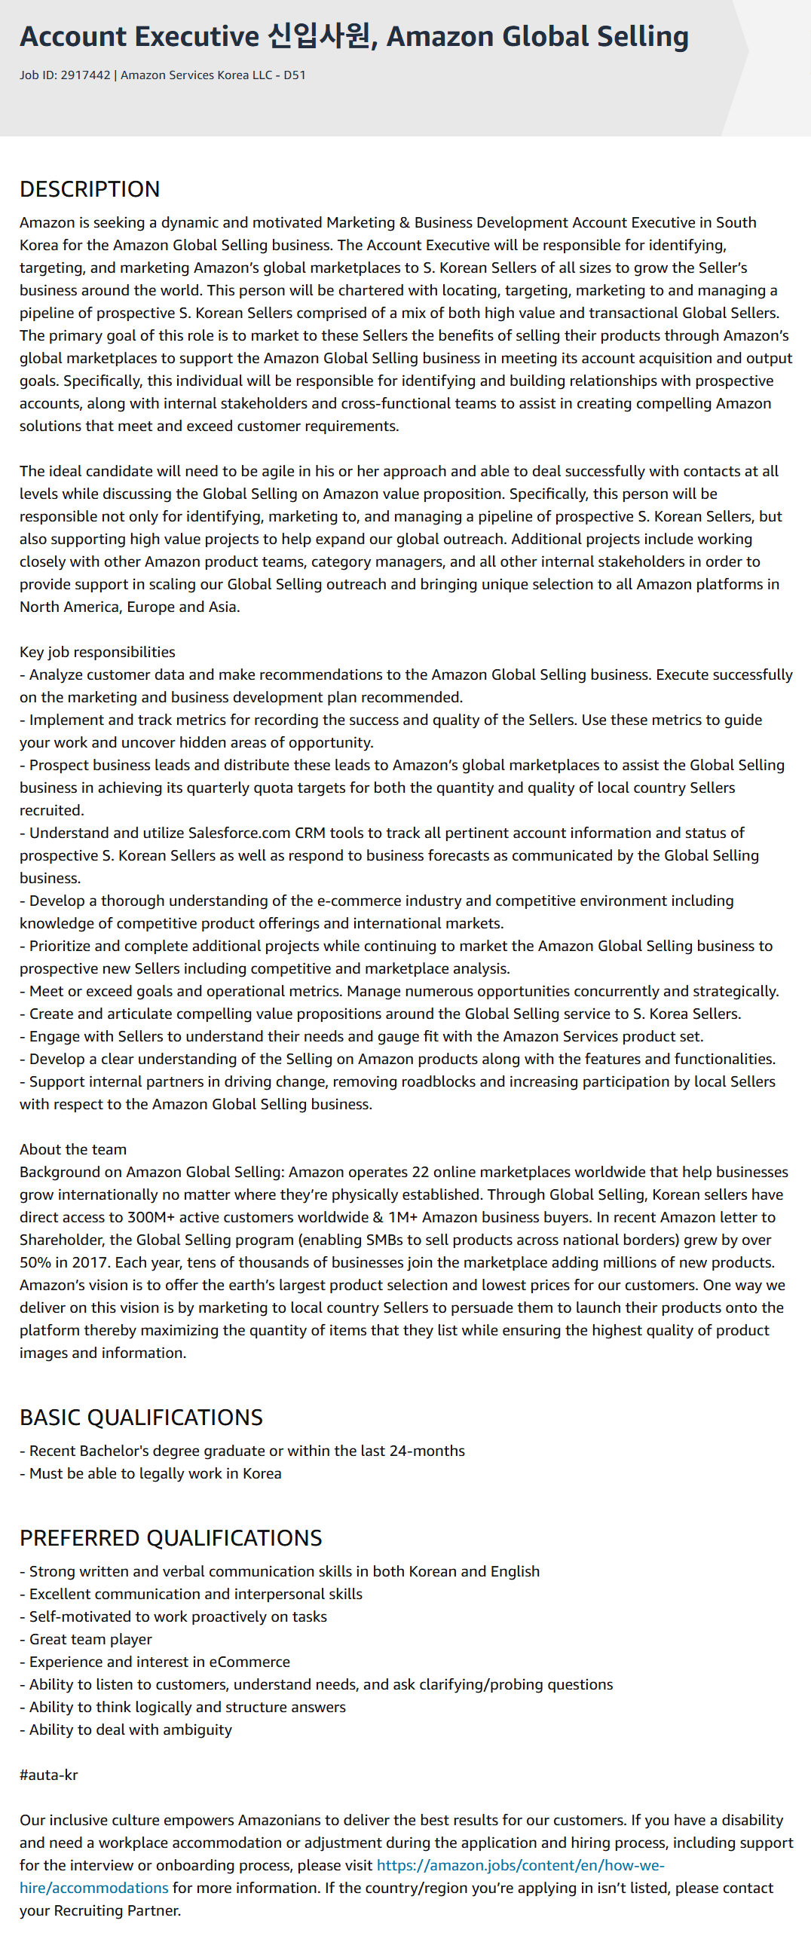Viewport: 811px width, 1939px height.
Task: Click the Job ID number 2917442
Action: pos(85,75)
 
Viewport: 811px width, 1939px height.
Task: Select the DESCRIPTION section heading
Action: pos(90,189)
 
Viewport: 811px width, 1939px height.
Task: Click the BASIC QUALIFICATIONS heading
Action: pos(141,1418)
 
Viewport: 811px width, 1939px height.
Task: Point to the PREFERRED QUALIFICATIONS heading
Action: pos(170,1538)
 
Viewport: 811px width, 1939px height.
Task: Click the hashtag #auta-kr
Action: pos(49,1775)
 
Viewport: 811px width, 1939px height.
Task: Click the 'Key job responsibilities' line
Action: pos(97,652)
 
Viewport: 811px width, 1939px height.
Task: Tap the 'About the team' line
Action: pos(73,1149)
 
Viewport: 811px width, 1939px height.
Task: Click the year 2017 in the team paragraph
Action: pos(89,1262)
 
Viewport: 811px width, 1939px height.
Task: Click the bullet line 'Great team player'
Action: pos(90,1639)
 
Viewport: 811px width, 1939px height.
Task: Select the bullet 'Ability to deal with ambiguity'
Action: pos(130,1730)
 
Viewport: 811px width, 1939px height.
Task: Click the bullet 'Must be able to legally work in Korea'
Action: pos(155,1473)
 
